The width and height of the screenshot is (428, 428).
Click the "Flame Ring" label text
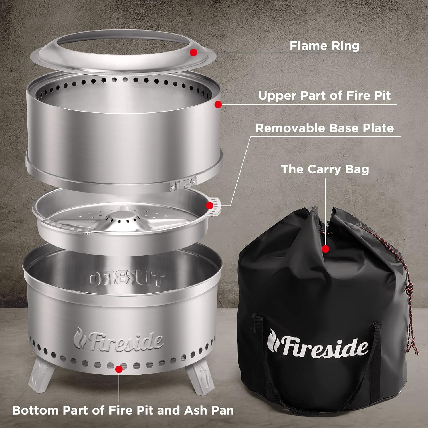click(324, 46)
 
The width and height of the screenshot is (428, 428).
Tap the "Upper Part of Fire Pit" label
click(324, 96)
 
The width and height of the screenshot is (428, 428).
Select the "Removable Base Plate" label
click(324, 128)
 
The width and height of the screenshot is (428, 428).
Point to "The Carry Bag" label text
click(325, 169)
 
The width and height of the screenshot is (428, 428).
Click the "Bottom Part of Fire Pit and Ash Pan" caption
click(123, 410)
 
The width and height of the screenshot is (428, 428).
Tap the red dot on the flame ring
click(193, 52)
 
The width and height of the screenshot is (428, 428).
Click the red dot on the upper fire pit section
click(218, 104)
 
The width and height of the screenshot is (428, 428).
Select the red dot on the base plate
click(210, 205)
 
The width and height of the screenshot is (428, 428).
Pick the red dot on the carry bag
click(325, 249)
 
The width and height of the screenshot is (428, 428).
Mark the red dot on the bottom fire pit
click(119, 369)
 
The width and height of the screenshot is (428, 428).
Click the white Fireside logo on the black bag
click(317, 344)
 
